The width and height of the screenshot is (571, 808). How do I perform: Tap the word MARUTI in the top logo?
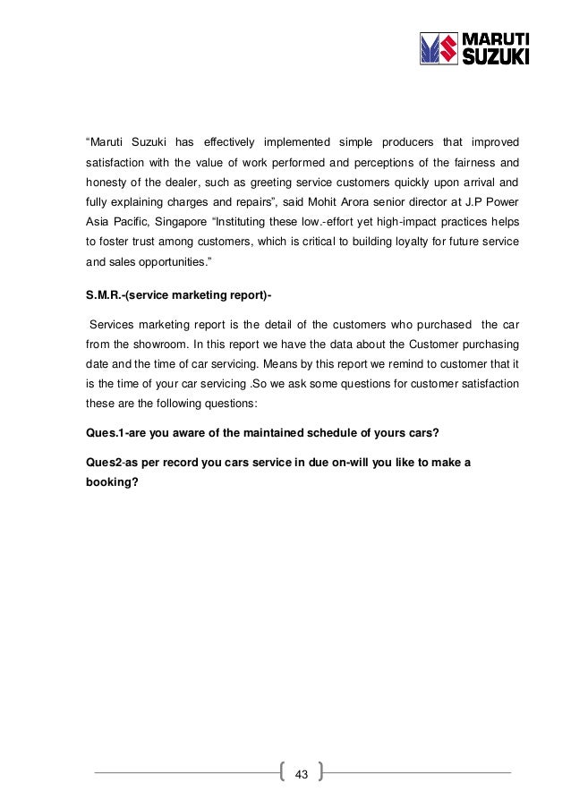(x=492, y=38)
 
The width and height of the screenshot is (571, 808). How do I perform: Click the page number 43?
(x=301, y=774)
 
